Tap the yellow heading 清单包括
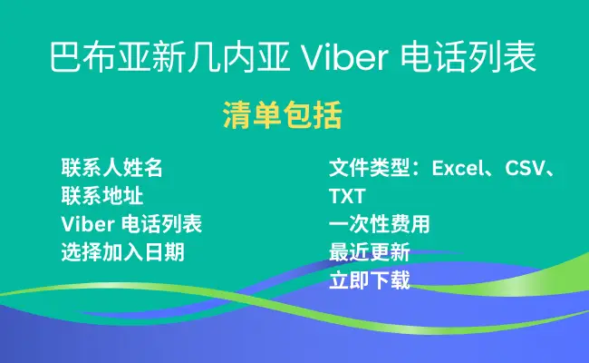282,115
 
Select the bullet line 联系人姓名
112,168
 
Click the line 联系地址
101,196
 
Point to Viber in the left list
88,224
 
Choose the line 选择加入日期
122,252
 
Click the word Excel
457,168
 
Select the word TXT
347,196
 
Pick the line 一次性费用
380,224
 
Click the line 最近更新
369,252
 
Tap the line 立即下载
369,280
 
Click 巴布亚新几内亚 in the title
169,57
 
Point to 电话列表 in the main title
468,57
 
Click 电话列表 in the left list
161,224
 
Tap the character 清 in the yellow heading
237,115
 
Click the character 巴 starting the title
66,57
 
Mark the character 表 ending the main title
519,57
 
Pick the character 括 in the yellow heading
327,115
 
